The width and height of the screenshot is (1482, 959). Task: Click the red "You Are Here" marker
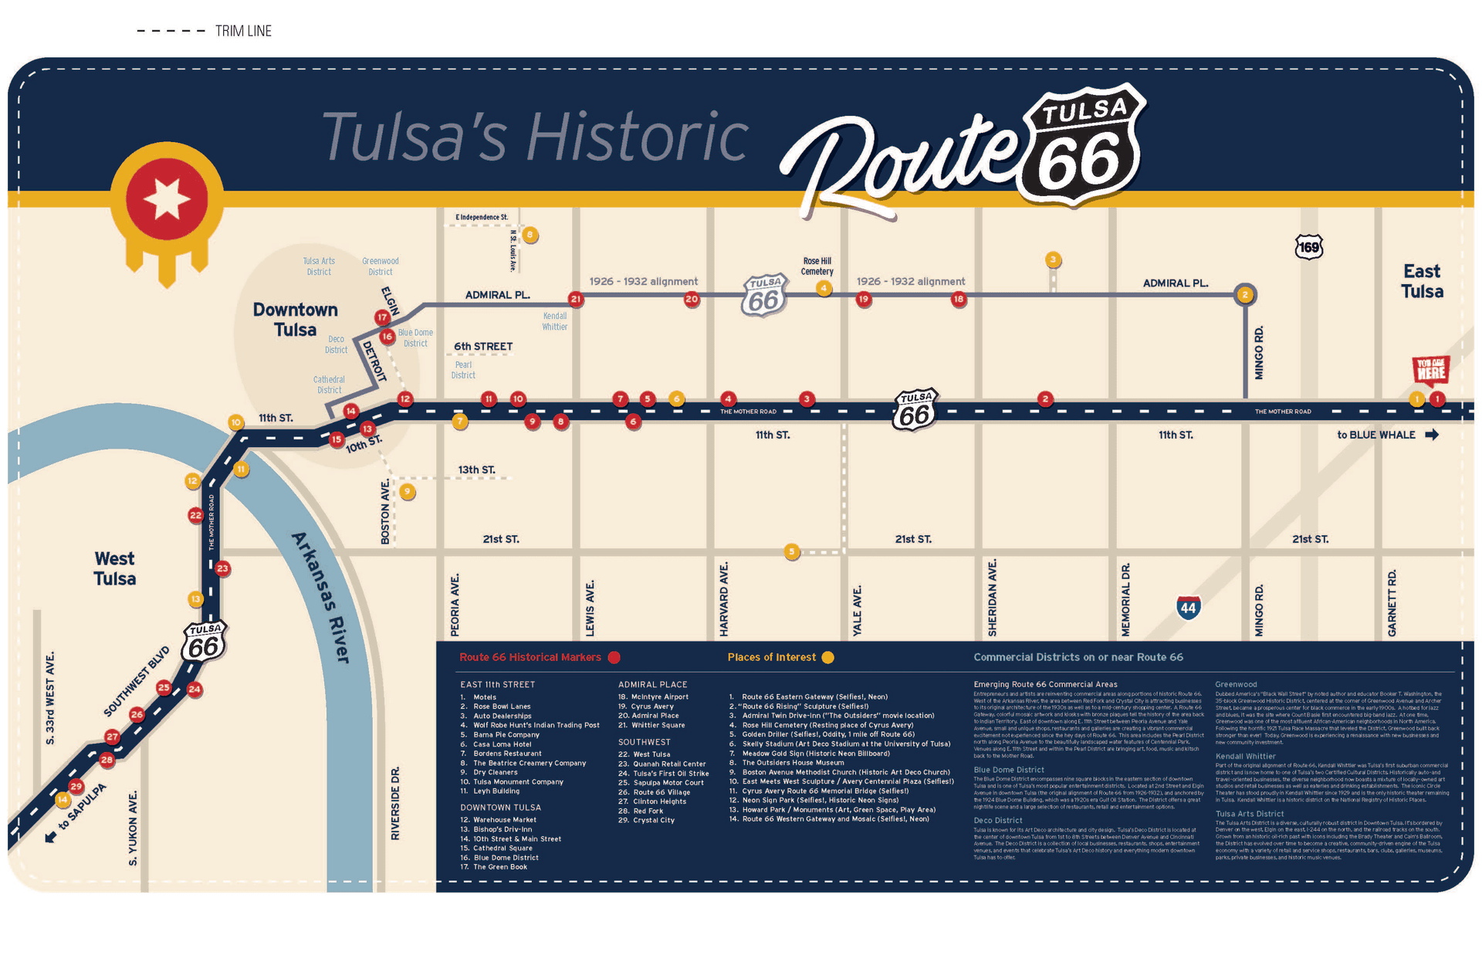click(1430, 370)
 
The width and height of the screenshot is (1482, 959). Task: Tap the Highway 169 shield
click(1308, 247)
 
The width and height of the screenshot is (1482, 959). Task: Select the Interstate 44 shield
click(1188, 608)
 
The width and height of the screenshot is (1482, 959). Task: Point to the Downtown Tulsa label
click(295, 320)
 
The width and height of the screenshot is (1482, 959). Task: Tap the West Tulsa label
click(114, 568)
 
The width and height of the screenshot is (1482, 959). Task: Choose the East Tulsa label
click(1422, 281)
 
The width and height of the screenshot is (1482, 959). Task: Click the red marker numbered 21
click(576, 299)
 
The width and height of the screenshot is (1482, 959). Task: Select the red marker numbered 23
click(222, 568)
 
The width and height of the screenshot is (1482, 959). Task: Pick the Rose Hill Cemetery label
click(817, 266)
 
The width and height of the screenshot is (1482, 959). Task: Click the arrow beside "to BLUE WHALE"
click(1432, 435)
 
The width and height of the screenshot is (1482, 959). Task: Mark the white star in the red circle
click(167, 198)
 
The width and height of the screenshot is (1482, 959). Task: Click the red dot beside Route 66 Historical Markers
click(614, 658)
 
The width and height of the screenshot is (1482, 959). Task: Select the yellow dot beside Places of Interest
click(828, 658)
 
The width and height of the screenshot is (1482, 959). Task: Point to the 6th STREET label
click(483, 347)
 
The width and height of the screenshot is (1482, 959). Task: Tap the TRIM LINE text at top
click(243, 31)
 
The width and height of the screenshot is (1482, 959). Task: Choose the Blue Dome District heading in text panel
click(1009, 770)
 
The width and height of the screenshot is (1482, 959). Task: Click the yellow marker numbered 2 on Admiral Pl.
click(1245, 295)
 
